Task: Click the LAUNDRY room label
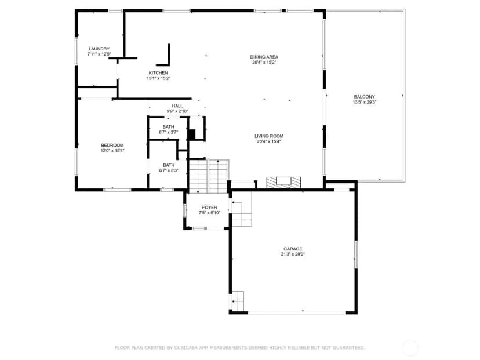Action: click(x=99, y=49)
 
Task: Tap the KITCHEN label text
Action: click(x=158, y=73)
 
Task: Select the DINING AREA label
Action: click(x=264, y=57)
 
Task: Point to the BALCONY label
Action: click(x=364, y=97)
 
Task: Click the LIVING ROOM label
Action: click(x=269, y=136)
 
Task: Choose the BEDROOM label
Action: click(x=112, y=146)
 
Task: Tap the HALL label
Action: click(x=177, y=106)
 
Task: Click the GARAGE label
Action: click(x=293, y=249)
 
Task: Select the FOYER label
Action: click(x=209, y=208)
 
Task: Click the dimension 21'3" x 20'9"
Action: click(x=293, y=254)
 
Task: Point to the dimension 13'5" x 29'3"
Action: click(x=364, y=102)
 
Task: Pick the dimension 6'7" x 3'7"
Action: click(x=168, y=132)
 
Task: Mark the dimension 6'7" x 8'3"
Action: click(x=169, y=170)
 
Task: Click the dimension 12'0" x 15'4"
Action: click(x=112, y=151)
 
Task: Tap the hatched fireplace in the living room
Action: click(x=283, y=183)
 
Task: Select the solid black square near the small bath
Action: click(x=192, y=134)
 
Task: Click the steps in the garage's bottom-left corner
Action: click(x=238, y=301)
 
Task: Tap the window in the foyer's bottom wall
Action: click(x=199, y=228)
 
